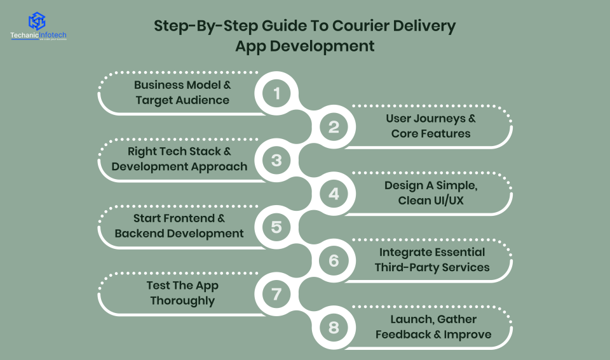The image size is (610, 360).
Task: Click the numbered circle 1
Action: (276, 94)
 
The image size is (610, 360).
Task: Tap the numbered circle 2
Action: (334, 127)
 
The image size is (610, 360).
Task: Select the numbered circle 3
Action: (276, 160)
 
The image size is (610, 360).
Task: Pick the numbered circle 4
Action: (334, 194)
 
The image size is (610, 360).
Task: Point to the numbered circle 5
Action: (276, 227)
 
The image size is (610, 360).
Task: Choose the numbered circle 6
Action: (334, 260)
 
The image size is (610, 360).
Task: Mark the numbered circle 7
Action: (276, 293)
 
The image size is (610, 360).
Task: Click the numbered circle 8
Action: (334, 327)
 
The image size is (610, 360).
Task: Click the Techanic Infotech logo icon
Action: (37, 20)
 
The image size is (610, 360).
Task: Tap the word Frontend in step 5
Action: (187, 218)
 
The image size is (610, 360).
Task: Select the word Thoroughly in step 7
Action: (182, 301)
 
